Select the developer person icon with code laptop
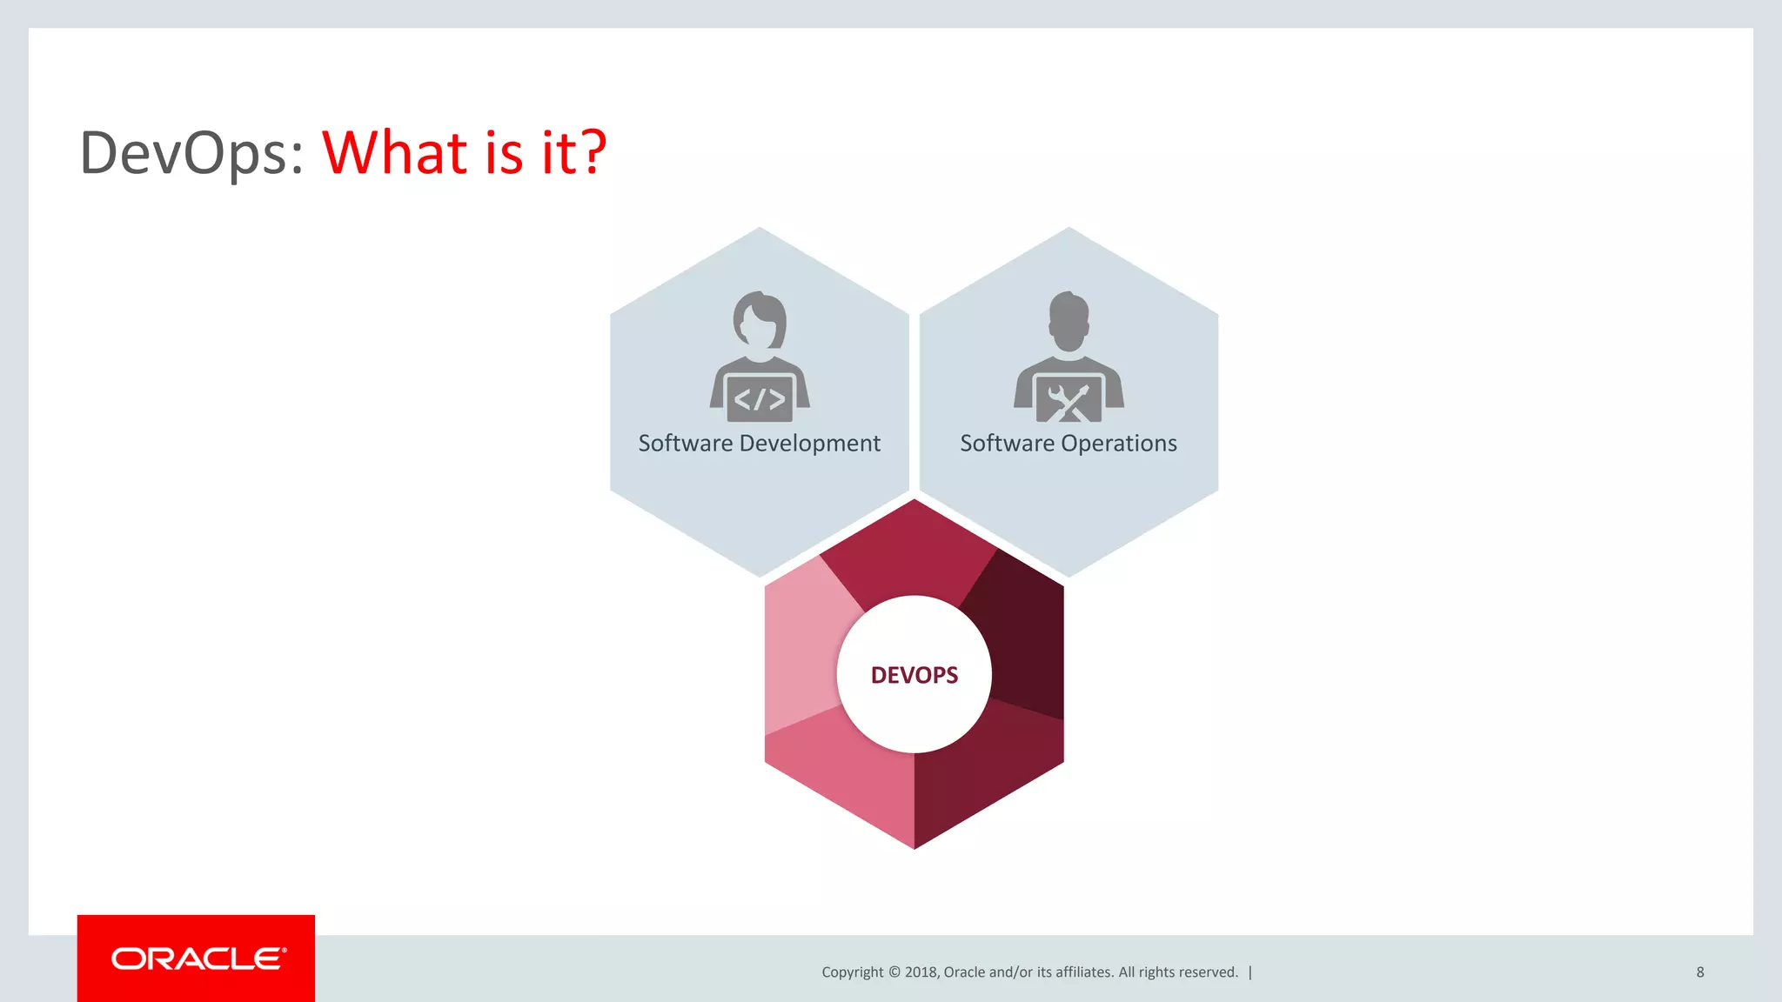click(760, 357)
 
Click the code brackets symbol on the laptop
click(760, 399)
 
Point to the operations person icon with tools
click(1069, 357)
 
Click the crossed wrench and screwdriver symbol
click(1069, 402)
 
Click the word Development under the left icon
click(809, 444)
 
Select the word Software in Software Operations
click(1007, 444)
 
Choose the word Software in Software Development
click(686, 444)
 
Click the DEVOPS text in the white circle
click(914, 675)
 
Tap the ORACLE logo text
click(198, 959)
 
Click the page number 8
click(1699, 972)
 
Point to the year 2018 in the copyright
click(921, 972)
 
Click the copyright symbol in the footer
click(894, 972)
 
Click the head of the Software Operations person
click(1069, 320)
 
